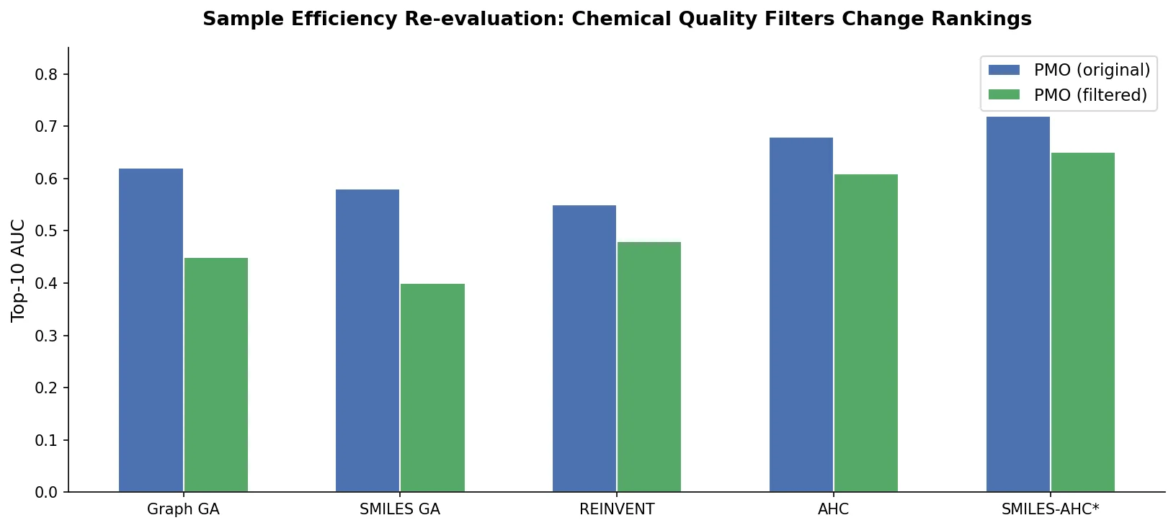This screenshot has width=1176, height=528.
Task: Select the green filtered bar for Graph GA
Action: (x=216, y=375)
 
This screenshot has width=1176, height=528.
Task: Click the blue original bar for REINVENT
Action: (x=584, y=349)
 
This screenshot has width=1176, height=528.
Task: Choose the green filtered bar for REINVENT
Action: (x=649, y=367)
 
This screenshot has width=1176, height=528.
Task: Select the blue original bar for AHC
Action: (x=801, y=315)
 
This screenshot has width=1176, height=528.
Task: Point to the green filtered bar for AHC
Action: (x=866, y=333)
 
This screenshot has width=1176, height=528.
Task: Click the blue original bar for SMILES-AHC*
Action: (x=1018, y=304)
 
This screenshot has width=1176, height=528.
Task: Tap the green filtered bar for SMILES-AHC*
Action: (x=1083, y=322)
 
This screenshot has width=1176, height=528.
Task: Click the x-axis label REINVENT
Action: (x=617, y=510)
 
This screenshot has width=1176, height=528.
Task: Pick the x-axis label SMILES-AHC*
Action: (x=1050, y=510)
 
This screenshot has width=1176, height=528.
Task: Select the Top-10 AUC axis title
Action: (x=19, y=270)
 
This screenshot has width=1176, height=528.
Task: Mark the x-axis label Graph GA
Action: (x=183, y=510)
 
